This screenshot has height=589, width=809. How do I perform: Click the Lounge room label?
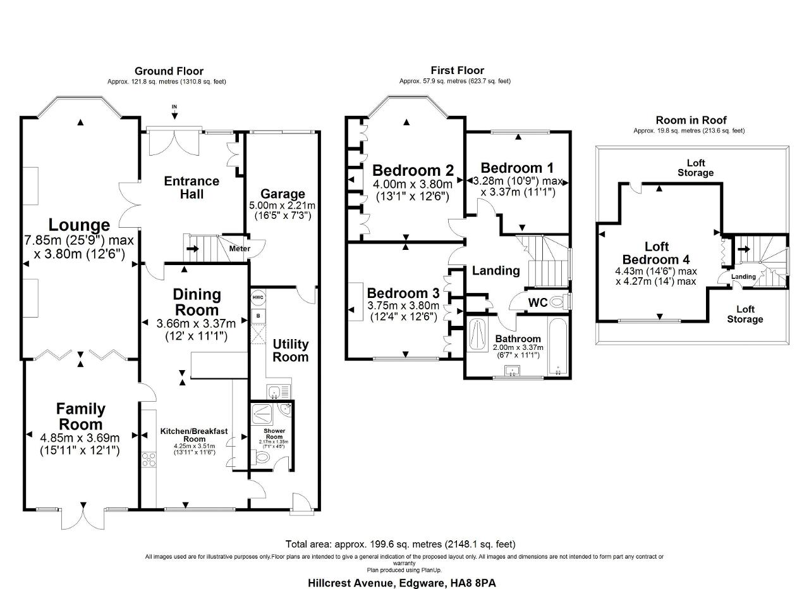point(80,225)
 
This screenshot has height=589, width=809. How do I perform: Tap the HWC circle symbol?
point(258,297)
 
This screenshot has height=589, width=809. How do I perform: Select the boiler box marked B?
point(258,314)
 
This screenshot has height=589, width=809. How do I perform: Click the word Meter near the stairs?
point(240,249)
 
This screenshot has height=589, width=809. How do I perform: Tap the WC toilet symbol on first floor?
point(557,302)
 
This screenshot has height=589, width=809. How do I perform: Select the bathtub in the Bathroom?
point(558,346)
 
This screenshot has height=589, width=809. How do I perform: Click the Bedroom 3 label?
point(403,294)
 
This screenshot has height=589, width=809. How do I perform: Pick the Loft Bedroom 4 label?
point(656,253)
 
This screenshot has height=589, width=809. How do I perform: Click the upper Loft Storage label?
point(695,168)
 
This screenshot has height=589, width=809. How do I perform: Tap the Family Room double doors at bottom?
point(82,516)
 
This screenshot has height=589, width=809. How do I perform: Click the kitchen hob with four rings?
point(149,460)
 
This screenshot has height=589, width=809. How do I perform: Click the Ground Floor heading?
point(169,71)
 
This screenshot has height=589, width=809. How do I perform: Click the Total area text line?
point(401,544)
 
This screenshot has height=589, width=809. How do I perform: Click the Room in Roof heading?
point(691,120)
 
